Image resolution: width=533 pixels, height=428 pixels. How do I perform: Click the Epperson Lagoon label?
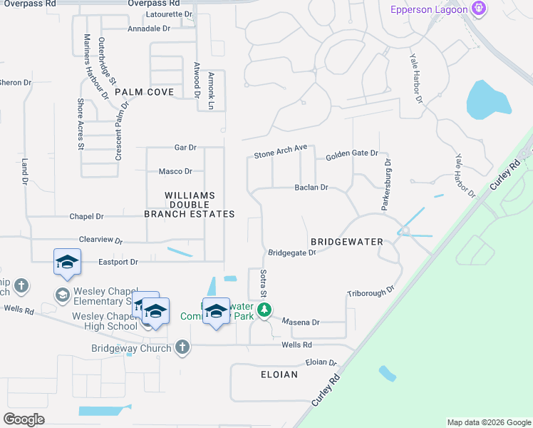pyautogui.click(x=429, y=9)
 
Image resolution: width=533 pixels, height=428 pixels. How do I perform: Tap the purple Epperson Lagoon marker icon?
pyautogui.click(x=479, y=9)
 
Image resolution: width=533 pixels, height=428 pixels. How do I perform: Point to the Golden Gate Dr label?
pyautogui.click(x=351, y=155)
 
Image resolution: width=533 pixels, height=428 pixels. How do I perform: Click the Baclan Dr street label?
pyautogui.click(x=311, y=188)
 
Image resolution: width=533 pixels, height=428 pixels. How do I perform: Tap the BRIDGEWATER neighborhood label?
pyautogui.click(x=347, y=242)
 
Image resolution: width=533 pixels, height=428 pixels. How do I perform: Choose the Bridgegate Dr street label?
pyautogui.click(x=291, y=253)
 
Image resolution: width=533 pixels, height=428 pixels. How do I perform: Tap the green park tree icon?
pyautogui.click(x=264, y=310)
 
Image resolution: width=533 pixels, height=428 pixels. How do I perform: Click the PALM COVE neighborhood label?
pyautogui.click(x=144, y=92)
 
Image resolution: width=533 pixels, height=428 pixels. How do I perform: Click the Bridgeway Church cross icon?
pyautogui.click(x=182, y=347)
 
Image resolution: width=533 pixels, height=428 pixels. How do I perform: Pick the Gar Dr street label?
pyautogui.click(x=185, y=148)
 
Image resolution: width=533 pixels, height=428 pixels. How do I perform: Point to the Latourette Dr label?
pyautogui.click(x=169, y=14)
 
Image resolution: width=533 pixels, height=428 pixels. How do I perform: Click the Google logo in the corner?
pyautogui.click(x=24, y=419)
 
